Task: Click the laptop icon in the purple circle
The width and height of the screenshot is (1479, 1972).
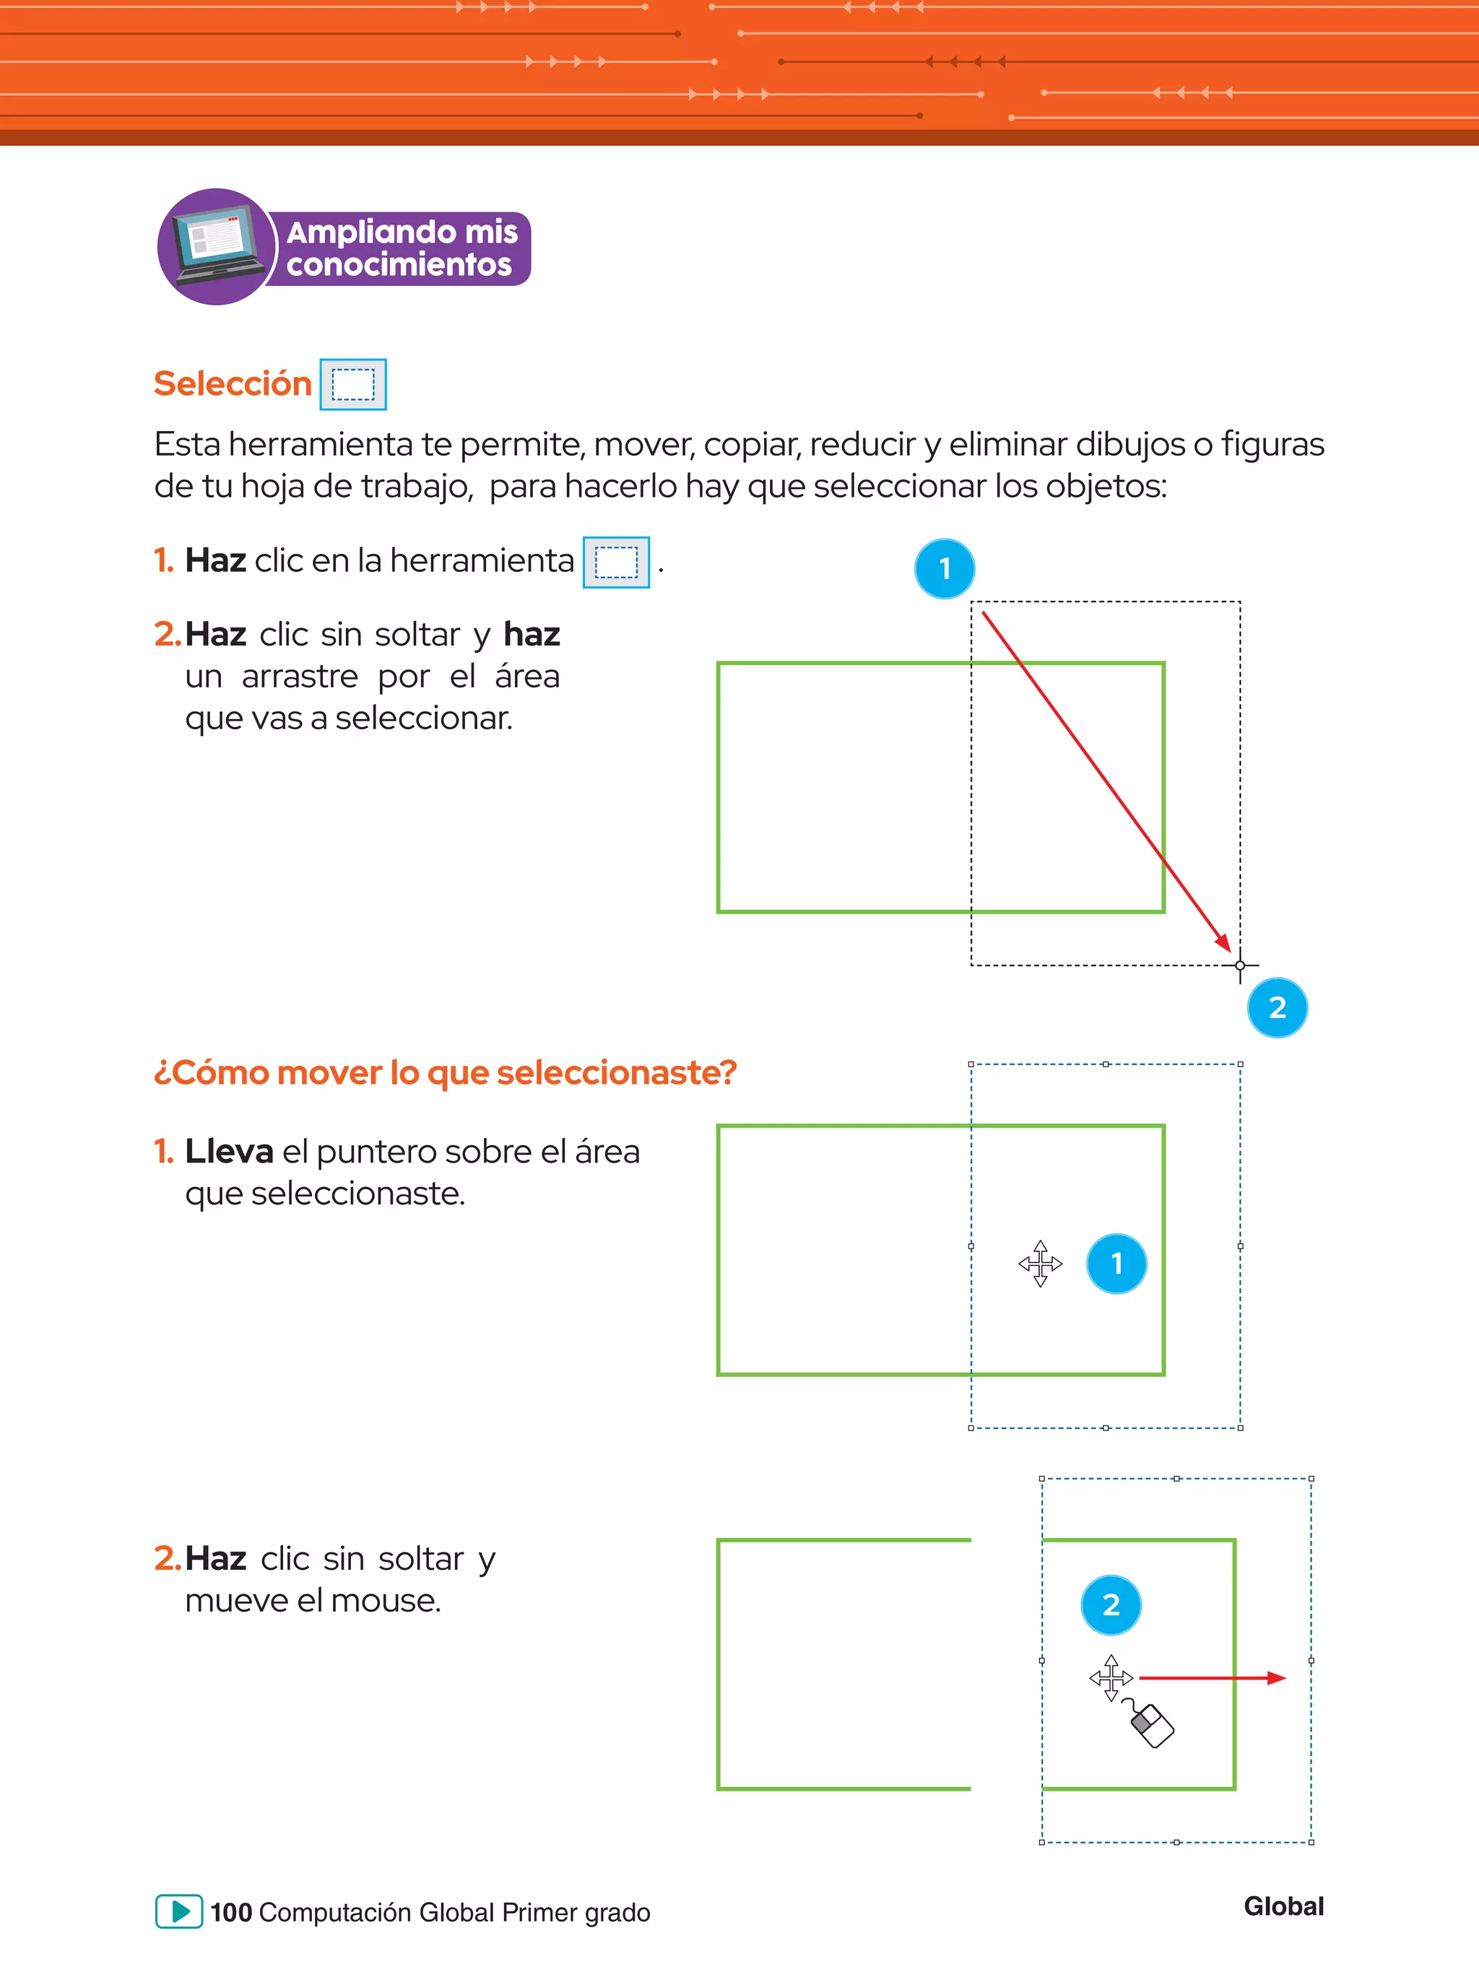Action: (217, 246)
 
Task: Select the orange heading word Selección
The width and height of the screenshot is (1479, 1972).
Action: (233, 383)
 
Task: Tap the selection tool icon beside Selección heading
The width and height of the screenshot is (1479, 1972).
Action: (353, 385)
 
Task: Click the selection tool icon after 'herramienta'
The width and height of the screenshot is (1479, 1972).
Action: (616, 563)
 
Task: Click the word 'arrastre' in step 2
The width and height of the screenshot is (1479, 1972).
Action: (300, 677)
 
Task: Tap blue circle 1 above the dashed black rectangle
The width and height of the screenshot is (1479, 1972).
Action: (944, 569)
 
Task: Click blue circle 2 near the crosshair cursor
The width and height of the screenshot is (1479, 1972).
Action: (1277, 1008)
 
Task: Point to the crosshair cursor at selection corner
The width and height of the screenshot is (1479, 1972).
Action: (1240, 965)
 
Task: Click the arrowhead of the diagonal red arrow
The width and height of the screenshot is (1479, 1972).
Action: (1224, 943)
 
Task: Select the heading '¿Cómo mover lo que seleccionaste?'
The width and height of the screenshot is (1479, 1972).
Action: (445, 1072)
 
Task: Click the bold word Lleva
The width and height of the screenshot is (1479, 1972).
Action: (229, 1152)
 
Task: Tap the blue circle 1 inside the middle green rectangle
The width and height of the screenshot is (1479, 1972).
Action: (1116, 1263)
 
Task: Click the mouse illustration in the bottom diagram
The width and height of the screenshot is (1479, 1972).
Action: (1151, 1725)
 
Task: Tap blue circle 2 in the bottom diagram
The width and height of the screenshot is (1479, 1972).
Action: (1111, 1604)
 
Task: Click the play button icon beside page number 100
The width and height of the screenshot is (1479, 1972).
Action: (179, 1911)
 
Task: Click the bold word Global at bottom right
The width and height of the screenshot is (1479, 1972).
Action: (1284, 1906)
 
